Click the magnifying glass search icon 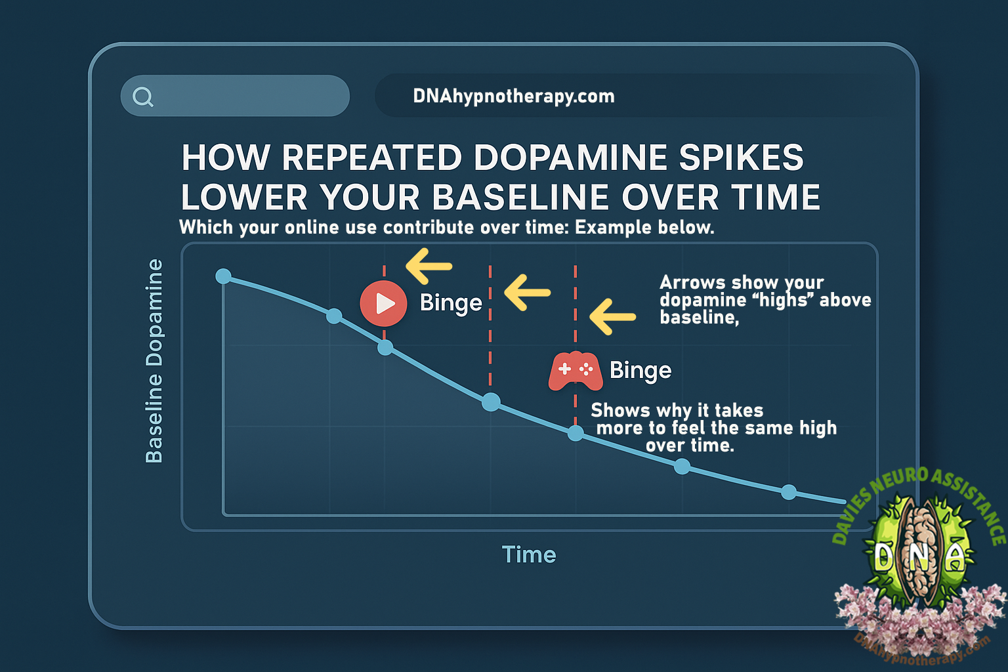click(x=143, y=96)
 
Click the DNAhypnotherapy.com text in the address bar click(x=514, y=96)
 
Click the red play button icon click(x=383, y=303)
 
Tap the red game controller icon click(x=576, y=371)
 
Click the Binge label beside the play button click(x=451, y=303)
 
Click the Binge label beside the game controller click(x=640, y=370)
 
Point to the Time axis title click(x=529, y=555)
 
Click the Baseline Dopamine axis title click(x=154, y=361)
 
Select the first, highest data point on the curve click(x=223, y=276)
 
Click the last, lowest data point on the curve click(x=788, y=492)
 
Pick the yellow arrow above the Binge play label click(x=429, y=266)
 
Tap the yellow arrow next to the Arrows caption click(x=612, y=317)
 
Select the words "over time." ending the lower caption click(x=690, y=445)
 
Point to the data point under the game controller click(x=575, y=433)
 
